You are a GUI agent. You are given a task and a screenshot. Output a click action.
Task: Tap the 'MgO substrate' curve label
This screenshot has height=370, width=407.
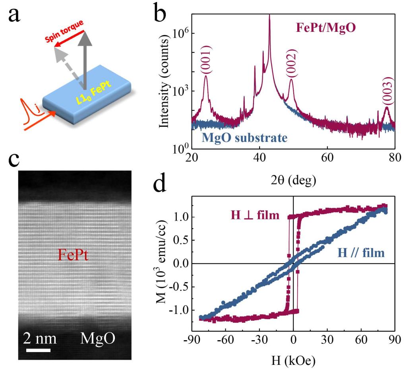click(x=244, y=138)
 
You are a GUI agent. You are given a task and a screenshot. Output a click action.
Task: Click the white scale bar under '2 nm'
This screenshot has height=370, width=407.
click(x=39, y=350)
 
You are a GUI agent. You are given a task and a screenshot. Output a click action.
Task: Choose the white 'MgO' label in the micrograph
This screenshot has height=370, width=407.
click(x=98, y=339)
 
